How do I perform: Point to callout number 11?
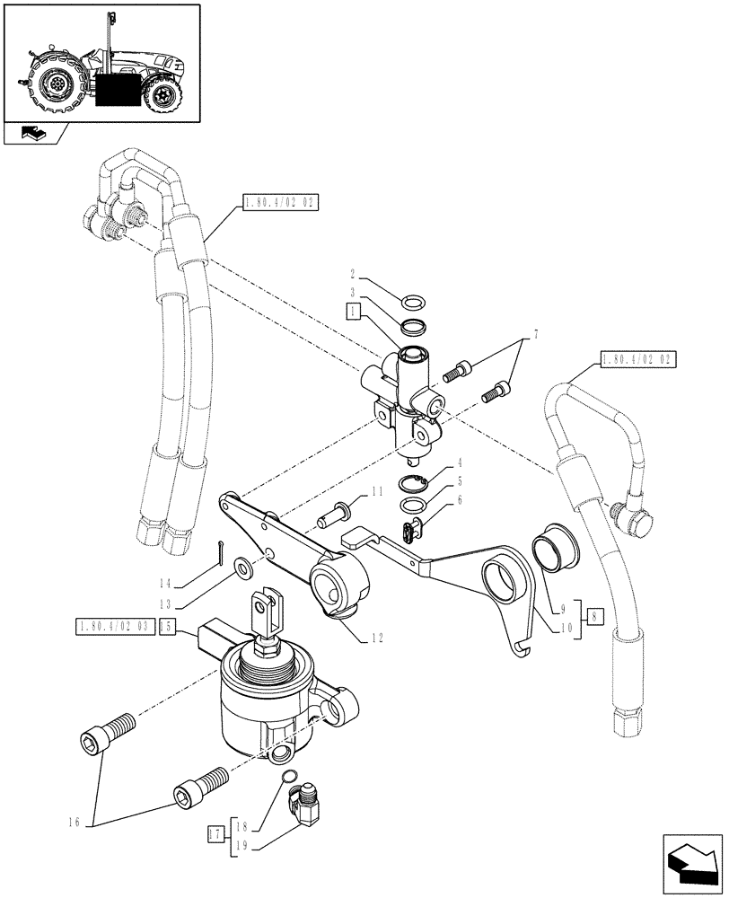pos(377,491)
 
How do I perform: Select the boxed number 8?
pos(594,616)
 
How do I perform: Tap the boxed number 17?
pos(213,835)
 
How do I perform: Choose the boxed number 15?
pos(167,628)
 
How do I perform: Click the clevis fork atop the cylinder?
pos(268,612)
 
